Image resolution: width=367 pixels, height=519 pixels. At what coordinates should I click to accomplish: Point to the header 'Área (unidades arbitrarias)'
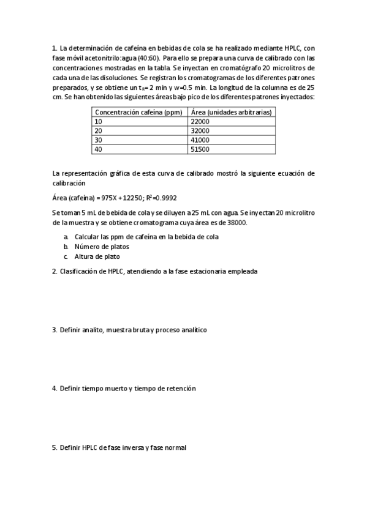coord(232,113)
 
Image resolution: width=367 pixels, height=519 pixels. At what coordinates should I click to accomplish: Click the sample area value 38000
coord(236,223)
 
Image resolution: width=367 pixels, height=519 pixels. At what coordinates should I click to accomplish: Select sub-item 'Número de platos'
coord(102,247)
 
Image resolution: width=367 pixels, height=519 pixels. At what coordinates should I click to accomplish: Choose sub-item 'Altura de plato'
coord(97,256)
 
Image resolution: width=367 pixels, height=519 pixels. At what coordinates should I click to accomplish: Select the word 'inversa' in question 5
coord(133,447)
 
